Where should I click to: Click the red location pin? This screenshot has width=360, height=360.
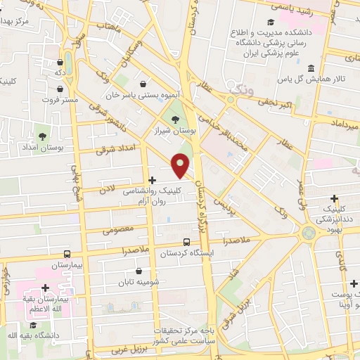[181, 165]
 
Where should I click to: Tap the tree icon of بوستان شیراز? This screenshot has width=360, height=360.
[175, 117]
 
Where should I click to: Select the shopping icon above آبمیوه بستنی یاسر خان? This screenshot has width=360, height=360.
[143, 82]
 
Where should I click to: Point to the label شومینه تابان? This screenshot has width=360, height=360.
[139, 283]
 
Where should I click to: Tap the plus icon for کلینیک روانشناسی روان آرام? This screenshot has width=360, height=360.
[152, 180]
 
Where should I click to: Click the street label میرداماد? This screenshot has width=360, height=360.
[343, 124]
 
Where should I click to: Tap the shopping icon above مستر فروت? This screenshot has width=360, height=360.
[61, 89]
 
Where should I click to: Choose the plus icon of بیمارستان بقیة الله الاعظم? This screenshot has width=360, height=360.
[46, 288]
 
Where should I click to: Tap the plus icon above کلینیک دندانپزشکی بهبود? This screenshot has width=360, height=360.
[334, 198]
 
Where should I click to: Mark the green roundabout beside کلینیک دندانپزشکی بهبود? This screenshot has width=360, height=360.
[308, 232]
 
